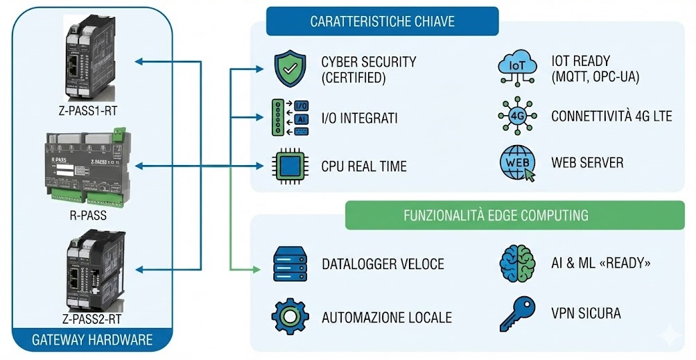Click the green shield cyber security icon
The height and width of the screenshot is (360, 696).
coord(289,69)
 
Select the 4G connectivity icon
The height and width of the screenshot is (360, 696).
coord(517,116)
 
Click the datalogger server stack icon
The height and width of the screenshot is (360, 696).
coord(290,264)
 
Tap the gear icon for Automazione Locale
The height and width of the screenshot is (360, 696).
coord(290,317)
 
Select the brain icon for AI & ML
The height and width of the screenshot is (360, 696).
coord(517,263)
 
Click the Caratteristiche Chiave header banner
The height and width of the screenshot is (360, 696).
coord(382,22)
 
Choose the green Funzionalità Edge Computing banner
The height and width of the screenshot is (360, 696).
coord(496,215)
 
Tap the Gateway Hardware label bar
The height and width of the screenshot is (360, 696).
coord(92,340)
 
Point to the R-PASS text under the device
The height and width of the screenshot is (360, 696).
coord(88,215)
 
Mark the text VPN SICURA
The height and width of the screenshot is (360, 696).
coord(586,314)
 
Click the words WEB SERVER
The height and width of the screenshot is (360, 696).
coord(587,163)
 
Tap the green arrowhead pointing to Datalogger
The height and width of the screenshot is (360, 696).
coord(258,267)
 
